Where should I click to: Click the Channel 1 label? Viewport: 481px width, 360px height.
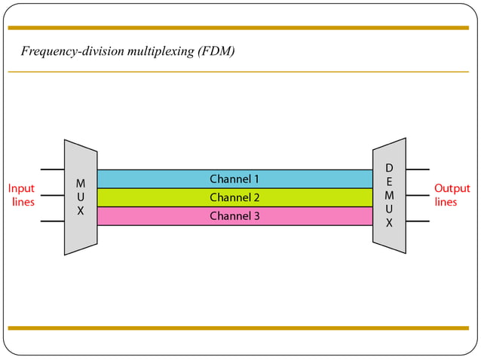coord(234,179)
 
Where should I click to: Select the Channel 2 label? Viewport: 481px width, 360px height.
coord(234,197)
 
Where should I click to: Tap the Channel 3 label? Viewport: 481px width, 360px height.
coord(234,216)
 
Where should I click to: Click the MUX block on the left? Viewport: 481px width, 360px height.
coord(80,197)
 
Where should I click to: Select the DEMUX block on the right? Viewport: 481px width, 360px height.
coord(389,195)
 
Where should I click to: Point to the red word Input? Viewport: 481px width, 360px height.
coord(21,188)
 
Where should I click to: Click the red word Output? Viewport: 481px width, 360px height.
coord(452,188)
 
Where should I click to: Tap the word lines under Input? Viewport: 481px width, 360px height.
coord(23,202)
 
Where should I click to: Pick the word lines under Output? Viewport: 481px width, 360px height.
coord(446,202)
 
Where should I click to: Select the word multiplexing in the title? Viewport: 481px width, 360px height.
coord(158,51)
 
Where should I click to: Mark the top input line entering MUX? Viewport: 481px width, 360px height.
coord(52,169)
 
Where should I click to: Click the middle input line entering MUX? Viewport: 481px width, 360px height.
coord(52,196)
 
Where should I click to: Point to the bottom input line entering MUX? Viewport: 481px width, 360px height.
coord(52,221)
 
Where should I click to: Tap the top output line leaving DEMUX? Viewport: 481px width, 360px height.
coord(418,169)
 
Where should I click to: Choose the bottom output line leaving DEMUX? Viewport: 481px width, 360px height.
coord(418,221)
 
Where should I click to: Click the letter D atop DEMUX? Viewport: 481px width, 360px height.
coord(389,167)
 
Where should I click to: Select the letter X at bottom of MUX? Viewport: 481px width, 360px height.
coord(80,212)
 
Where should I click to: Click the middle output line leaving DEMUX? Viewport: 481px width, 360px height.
coord(418,196)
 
